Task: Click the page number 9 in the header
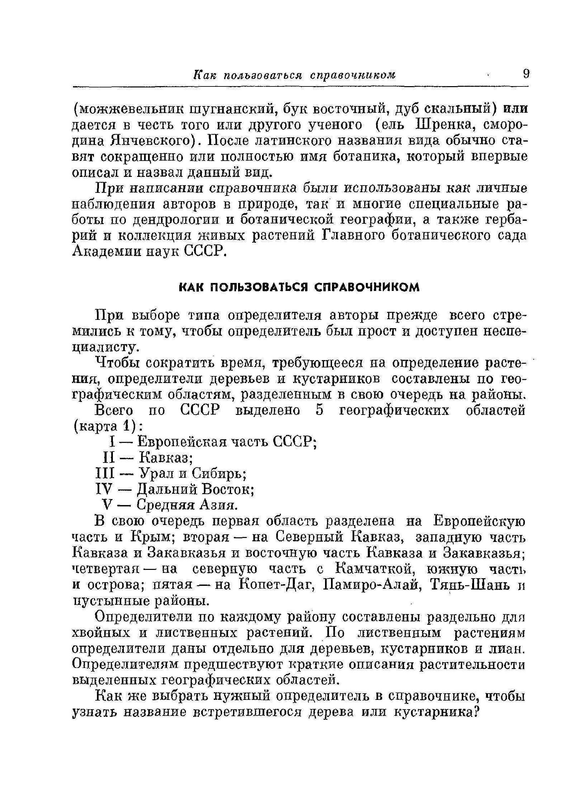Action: point(526,74)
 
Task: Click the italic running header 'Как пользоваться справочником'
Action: point(294,75)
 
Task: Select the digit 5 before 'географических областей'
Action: point(319,411)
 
